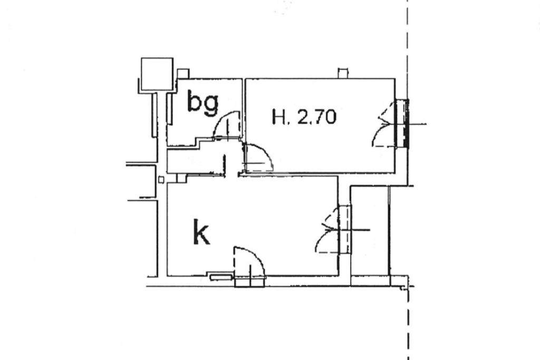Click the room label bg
[x=203, y=103]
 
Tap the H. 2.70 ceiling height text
[x=304, y=116]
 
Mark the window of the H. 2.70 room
[x=402, y=124]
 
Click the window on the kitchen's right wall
[x=345, y=230]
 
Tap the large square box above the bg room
[x=157, y=74]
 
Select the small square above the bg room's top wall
[x=183, y=74]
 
